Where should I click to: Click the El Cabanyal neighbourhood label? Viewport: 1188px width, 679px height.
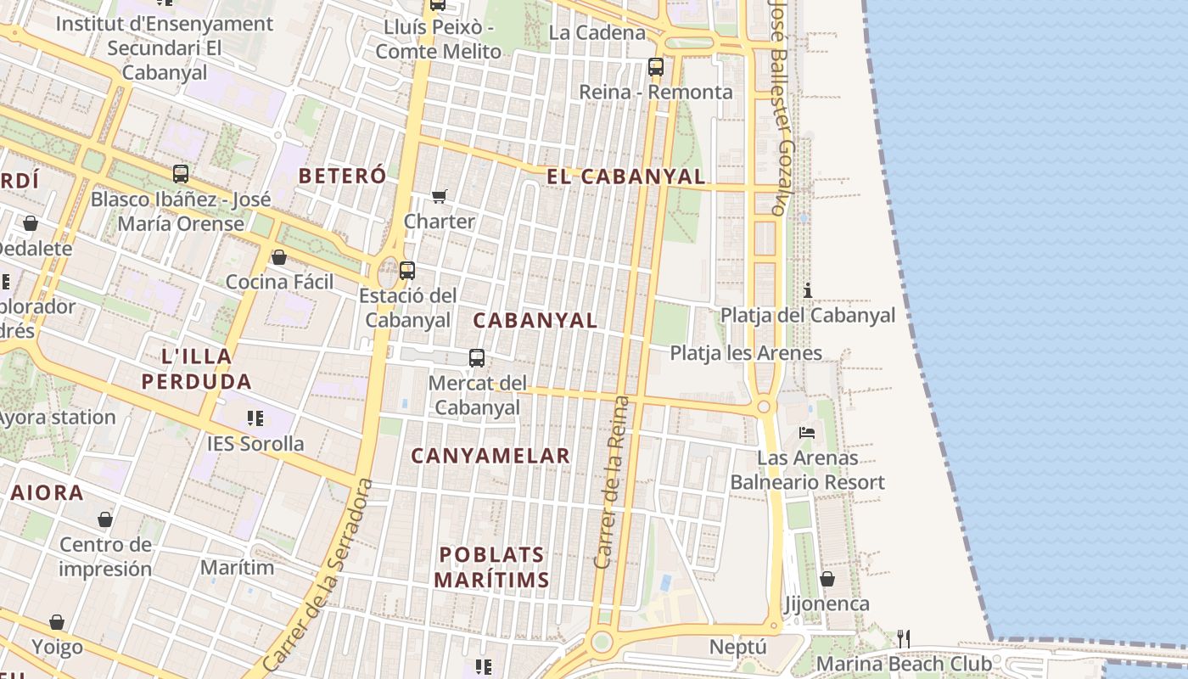625,177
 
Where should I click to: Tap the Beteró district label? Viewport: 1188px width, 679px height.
342,176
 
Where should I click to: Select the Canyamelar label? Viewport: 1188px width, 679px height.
490,456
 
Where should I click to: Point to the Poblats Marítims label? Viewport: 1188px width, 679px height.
492,567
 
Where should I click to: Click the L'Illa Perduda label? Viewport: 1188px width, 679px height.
197,368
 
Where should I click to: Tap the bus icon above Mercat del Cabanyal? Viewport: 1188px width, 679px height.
477,358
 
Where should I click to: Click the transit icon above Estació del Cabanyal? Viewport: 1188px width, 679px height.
407,271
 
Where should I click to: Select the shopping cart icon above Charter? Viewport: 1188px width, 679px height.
440,197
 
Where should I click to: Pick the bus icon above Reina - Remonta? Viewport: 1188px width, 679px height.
655,66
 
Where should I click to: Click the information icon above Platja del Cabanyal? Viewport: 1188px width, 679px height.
807,291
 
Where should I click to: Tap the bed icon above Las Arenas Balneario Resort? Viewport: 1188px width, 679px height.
807,433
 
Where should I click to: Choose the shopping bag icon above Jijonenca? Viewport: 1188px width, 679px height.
827,579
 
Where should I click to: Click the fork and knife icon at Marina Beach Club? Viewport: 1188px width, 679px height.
904,638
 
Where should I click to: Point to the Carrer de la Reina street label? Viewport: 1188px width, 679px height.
614,482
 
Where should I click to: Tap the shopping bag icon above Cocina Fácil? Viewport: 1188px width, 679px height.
278,257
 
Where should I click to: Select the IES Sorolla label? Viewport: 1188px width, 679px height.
255,444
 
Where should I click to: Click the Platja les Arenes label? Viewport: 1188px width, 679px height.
746,353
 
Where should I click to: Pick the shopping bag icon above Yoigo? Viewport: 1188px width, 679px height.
57,622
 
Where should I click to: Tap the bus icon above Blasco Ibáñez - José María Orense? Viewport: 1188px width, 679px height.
181,174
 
